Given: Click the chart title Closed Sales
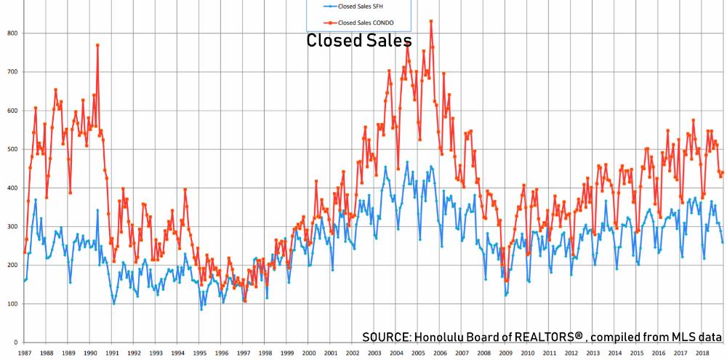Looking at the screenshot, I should click(x=358, y=40).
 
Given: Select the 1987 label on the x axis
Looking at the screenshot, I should click(x=24, y=353).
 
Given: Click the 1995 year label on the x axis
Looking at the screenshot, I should click(x=200, y=353).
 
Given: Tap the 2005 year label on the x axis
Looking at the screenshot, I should click(x=419, y=353).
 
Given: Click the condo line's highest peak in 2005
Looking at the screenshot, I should click(x=431, y=21).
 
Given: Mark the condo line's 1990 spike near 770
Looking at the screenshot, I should click(x=97, y=45).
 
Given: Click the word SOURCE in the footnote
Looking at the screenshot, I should click(x=385, y=337).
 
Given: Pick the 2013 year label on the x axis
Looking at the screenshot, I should click(x=594, y=353).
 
